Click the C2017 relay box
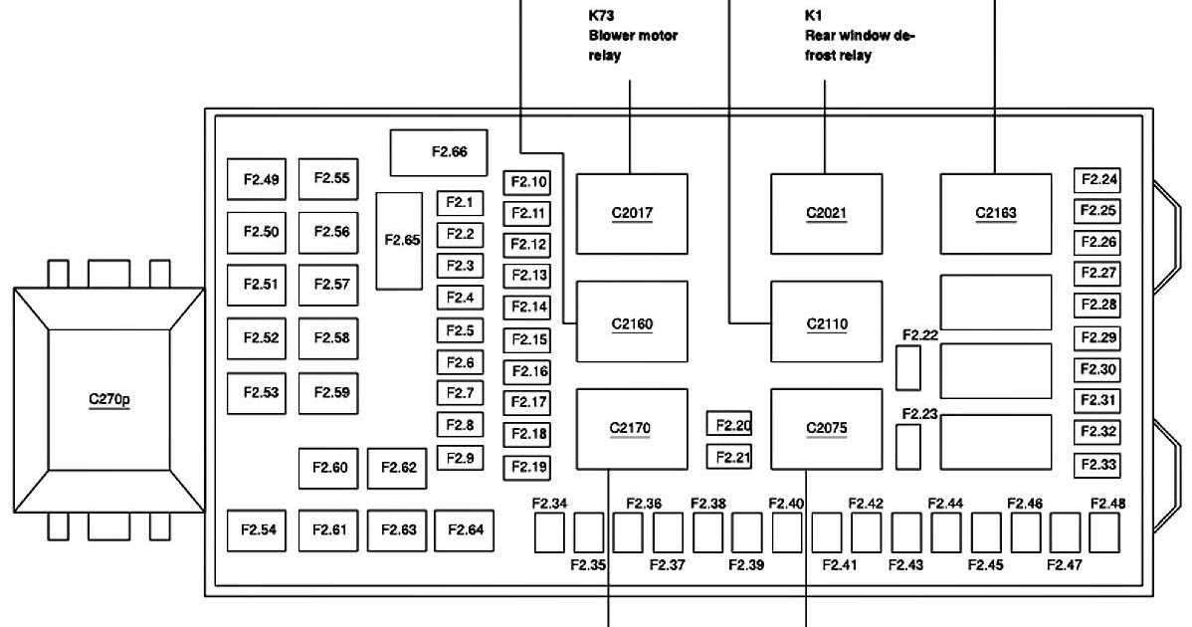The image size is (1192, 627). click(x=632, y=213)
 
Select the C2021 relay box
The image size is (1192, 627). click(x=827, y=213)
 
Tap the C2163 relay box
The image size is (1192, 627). click(x=996, y=213)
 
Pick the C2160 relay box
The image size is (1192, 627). click(x=632, y=321)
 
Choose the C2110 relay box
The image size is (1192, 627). click(x=827, y=321)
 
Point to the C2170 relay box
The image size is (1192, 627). click(x=632, y=429)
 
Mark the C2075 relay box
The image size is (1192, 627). click(x=827, y=429)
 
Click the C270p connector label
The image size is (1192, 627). click(x=109, y=400)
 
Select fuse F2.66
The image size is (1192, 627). click(x=439, y=152)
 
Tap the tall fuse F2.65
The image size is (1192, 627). click(x=401, y=241)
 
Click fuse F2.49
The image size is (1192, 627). click(x=255, y=180)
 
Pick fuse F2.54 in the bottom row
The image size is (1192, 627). click(x=255, y=529)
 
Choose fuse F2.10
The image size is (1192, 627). click(x=527, y=182)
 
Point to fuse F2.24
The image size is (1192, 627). click(x=1097, y=180)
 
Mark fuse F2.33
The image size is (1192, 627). click(x=1097, y=465)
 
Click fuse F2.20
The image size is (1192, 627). click(x=729, y=425)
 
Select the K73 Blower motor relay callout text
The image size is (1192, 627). click(x=632, y=36)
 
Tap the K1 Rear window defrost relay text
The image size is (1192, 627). click(x=858, y=36)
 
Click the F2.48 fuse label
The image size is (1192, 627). click(x=1107, y=504)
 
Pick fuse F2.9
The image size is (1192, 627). click(x=460, y=458)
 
